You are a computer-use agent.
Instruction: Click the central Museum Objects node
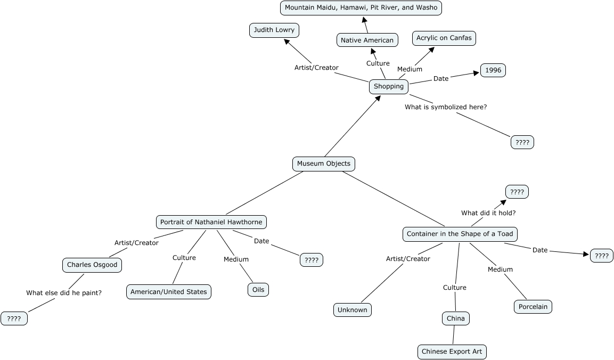pos(324,163)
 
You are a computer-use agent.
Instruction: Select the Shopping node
pos(389,86)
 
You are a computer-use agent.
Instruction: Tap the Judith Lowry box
pos(274,30)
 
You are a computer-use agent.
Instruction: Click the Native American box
pos(367,40)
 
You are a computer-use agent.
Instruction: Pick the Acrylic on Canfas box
pos(444,38)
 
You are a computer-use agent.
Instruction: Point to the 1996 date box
pos(493,70)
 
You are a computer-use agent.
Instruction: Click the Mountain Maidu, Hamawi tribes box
pos(361,7)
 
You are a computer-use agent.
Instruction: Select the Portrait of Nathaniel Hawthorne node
pos(211,222)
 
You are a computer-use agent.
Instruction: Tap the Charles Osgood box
pos(92,265)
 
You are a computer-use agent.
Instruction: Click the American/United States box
pos(169,292)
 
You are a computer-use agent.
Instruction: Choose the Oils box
pos(258,290)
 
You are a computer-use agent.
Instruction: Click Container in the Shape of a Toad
pos(460,234)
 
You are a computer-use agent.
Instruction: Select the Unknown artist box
pos(353,310)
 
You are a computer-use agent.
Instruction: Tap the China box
pos(456,318)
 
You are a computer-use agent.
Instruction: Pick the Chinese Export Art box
pos(452,351)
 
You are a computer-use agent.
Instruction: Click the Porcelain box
pos(533,307)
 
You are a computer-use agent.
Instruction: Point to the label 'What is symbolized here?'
pos(446,107)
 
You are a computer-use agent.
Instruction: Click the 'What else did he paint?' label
pos(64,292)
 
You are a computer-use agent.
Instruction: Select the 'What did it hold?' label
pos(488,213)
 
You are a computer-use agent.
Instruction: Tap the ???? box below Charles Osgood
pos(14,318)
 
